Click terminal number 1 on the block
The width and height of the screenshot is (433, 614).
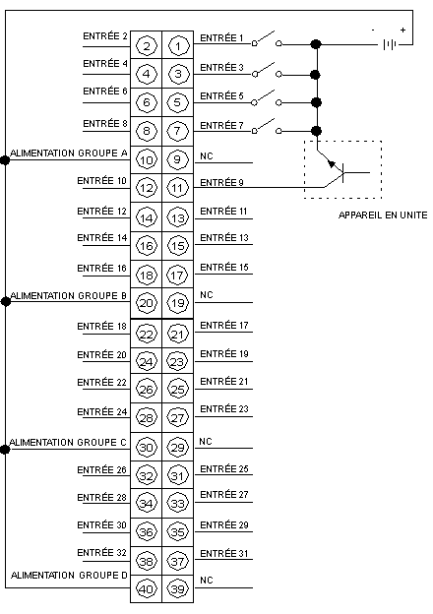[178, 46]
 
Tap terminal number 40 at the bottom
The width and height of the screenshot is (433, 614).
[146, 589]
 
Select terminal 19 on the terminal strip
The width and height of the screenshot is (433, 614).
[178, 303]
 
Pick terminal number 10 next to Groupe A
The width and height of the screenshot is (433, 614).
[146, 159]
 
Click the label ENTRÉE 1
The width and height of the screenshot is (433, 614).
[221, 38]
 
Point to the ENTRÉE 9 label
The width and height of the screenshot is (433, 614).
[221, 182]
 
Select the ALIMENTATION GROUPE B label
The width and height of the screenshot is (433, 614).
[69, 295]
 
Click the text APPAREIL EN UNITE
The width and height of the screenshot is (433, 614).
[383, 215]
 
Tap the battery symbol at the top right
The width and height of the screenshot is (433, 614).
[390, 44]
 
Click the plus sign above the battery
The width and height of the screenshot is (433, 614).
[402, 30]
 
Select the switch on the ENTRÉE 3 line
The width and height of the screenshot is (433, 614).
[267, 70]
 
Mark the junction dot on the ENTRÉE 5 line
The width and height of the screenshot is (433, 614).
[316, 102]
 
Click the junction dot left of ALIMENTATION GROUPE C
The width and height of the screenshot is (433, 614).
[5, 449]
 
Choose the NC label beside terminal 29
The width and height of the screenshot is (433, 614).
[206, 441]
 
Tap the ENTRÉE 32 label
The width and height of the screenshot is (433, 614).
[101, 553]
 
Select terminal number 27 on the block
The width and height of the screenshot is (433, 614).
[178, 417]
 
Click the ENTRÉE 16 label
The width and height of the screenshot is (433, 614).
[101, 269]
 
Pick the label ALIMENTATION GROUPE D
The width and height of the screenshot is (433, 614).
[69, 576]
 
